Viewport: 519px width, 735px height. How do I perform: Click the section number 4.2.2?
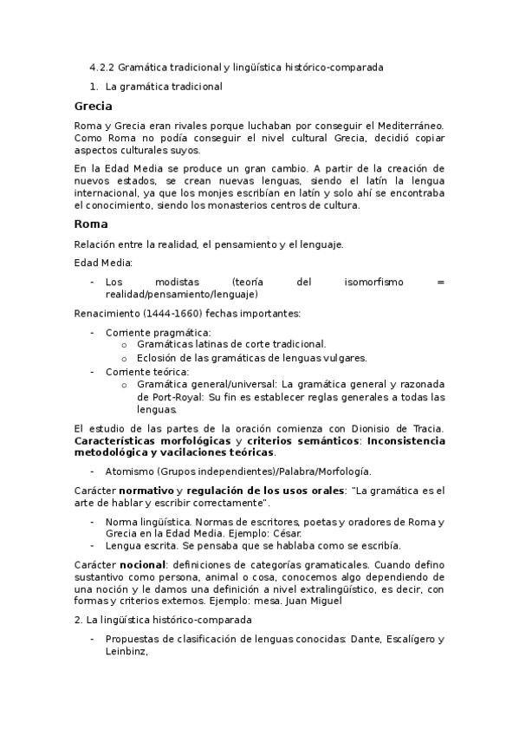[x=102, y=67]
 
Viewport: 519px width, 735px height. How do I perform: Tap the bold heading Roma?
[x=90, y=224]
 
